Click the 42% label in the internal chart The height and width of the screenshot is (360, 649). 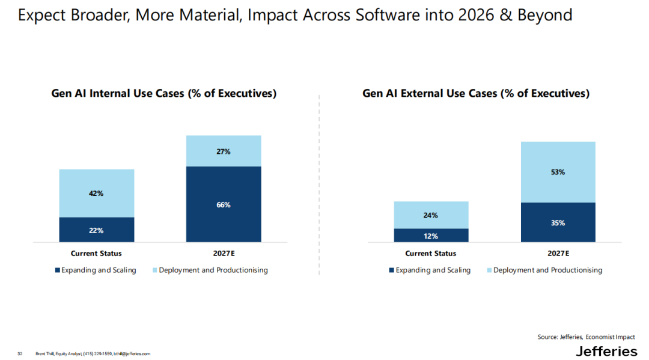point(96,194)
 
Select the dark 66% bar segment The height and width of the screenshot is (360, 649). point(224,204)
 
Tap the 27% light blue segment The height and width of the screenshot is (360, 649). point(224,151)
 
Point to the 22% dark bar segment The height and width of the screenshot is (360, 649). point(96,230)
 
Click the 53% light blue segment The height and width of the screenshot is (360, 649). point(558,172)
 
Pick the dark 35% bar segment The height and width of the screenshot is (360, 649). point(558,223)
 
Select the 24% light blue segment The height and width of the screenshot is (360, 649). point(431,215)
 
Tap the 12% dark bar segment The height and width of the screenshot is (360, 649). point(431,236)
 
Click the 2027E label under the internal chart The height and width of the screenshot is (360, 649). point(224,254)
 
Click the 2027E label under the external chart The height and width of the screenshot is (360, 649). point(558,254)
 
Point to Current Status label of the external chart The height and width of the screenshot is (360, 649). point(431,254)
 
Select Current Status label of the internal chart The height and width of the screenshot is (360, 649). point(96,254)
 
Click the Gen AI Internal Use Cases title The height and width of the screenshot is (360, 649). point(163,94)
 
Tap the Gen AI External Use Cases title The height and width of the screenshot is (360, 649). point(476,94)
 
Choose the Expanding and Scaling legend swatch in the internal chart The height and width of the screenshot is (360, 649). point(58,270)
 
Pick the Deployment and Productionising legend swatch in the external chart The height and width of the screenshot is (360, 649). point(489,270)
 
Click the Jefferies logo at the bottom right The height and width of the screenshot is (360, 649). point(606,351)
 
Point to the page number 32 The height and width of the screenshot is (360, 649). point(20,353)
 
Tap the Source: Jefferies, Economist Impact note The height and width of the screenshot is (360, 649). point(585,337)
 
